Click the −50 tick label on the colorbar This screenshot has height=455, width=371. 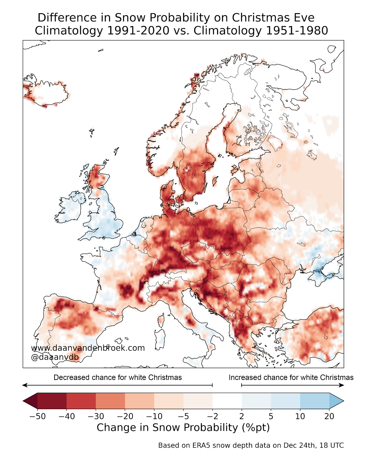coord(37,416)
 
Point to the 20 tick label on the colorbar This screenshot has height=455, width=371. coord(329,416)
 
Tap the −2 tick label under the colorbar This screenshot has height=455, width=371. coord(212,416)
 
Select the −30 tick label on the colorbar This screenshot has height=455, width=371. coord(96,416)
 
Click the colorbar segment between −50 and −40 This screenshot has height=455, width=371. coord(52,401)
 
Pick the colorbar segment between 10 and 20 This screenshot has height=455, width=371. coord(315,401)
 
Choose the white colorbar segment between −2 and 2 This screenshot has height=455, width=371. coord(227,401)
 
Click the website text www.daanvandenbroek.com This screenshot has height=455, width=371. coord(88,348)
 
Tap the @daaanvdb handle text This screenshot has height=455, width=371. coord(55,357)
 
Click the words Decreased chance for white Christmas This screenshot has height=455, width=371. coord(117,377)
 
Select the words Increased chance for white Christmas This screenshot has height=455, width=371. coord(291,377)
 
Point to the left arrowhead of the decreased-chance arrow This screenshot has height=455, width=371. coord(24,385)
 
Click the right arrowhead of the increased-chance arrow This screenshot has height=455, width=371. coord(342,385)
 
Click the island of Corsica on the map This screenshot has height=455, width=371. coord(161,321)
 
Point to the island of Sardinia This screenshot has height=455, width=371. coord(159,339)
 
